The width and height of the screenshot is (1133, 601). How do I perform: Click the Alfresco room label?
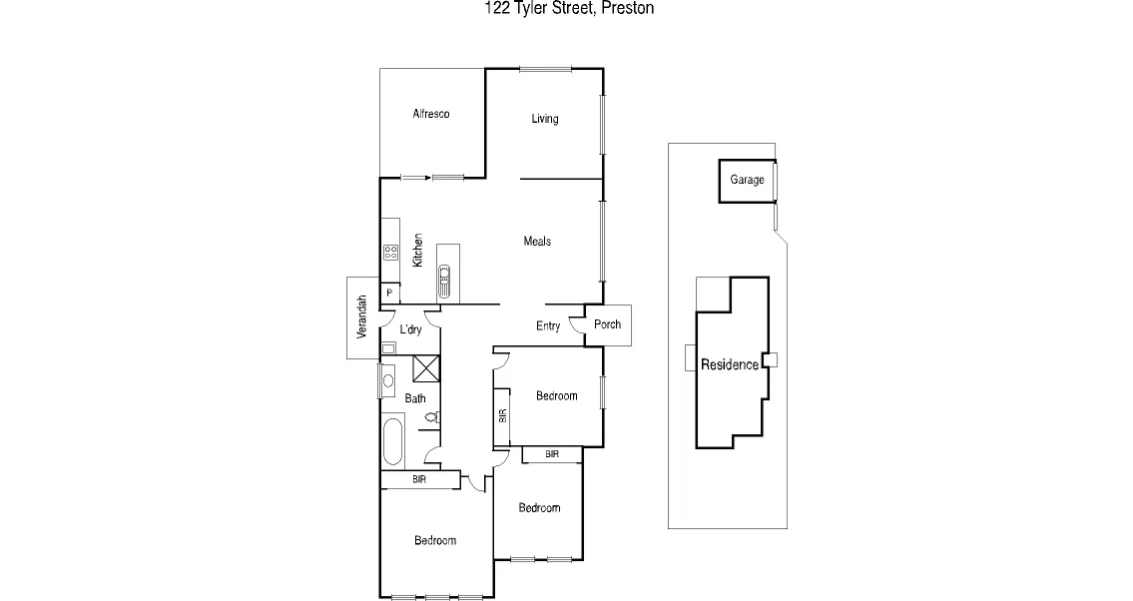click(431, 114)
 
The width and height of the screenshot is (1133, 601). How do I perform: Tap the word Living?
click(544, 119)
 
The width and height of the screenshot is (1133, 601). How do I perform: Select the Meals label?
click(537, 242)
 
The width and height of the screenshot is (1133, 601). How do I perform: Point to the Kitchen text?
click(418, 250)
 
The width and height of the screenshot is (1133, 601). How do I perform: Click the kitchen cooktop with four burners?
click(390, 253)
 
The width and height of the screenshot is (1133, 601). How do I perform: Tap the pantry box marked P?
click(389, 294)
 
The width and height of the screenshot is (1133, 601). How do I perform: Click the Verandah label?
click(362, 316)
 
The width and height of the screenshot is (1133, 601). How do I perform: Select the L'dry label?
click(410, 329)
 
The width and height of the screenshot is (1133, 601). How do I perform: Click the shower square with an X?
click(425, 368)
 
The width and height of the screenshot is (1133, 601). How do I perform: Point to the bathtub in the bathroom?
click(390, 442)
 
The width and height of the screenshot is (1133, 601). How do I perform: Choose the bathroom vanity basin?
click(388, 380)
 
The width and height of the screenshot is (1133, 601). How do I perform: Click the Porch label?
click(607, 324)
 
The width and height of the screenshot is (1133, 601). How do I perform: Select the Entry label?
click(548, 326)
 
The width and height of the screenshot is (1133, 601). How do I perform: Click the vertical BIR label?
click(502, 414)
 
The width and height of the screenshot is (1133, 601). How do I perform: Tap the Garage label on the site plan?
click(747, 180)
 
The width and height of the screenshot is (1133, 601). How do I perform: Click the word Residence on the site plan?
click(729, 364)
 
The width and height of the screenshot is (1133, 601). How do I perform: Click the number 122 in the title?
click(492, 9)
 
